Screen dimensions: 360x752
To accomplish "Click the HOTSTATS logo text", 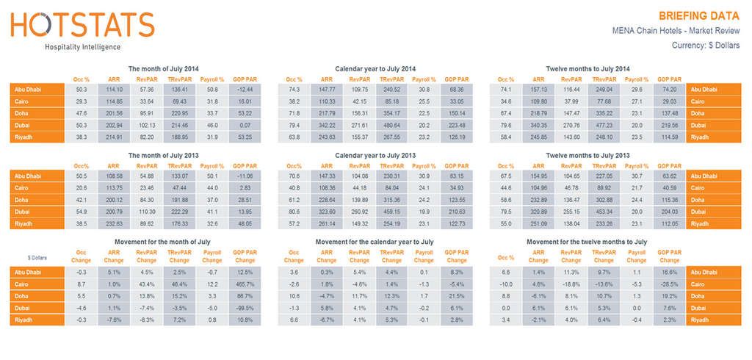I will pyautogui.click(x=82, y=26).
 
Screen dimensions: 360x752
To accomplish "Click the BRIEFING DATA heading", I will pyautogui.click(x=699, y=15).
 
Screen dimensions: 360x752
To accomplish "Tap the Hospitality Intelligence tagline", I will pyautogui.click(x=82, y=46).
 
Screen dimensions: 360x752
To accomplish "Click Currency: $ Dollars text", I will pyautogui.click(x=706, y=46).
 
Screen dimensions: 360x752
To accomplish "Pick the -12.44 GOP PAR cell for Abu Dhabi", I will pyautogui.click(x=245, y=90).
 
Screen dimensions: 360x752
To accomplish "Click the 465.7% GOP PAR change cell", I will pyautogui.click(x=245, y=284).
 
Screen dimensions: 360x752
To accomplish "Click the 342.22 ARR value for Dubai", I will pyautogui.click(x=326, y=126).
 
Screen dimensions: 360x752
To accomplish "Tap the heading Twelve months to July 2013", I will pyautogui.click(x=587, y=155).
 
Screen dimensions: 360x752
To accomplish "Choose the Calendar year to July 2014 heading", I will pyautogui.click(x=375, y=68).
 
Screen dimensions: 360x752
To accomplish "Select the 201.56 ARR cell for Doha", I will pyautogui.click(x=114, y=114).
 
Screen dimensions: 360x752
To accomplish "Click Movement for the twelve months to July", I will pyautogui.click(x=587, y=241).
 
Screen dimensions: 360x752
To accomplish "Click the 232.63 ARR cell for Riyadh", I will pyautogui.click(x=114, y=223).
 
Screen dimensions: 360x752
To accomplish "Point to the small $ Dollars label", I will pyautogui.click(x=38, y=259).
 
